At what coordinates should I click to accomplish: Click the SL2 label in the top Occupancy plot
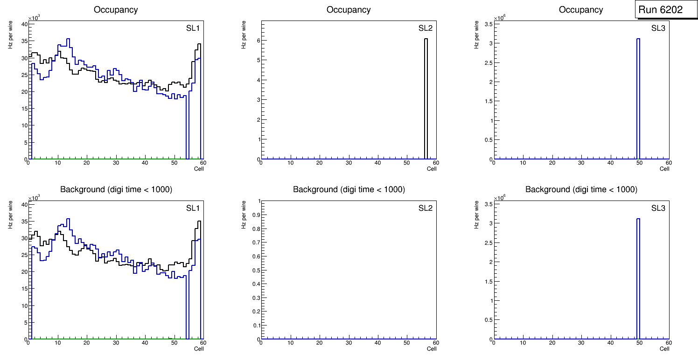[425, 28]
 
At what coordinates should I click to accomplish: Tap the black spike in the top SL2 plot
[426, 93]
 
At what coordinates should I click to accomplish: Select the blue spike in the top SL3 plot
[638, 93]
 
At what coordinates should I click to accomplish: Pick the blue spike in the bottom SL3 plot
[638, 275]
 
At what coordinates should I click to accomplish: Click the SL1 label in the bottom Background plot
[193, 208]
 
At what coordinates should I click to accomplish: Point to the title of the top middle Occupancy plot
[349, 10]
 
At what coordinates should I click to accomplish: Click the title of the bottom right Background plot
[581, 190]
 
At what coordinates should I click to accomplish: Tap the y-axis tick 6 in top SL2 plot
[257, 41]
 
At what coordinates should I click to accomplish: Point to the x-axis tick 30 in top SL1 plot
[116, 163]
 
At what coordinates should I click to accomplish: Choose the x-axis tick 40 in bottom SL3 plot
[610, 343]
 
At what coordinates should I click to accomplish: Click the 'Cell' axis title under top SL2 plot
[432, 169]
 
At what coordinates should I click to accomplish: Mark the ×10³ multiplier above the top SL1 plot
[34, 18]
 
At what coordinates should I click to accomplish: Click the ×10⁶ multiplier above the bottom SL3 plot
[500, 198]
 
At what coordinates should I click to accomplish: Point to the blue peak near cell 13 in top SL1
[68, 40]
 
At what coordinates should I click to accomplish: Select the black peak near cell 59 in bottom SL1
[199, 222]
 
